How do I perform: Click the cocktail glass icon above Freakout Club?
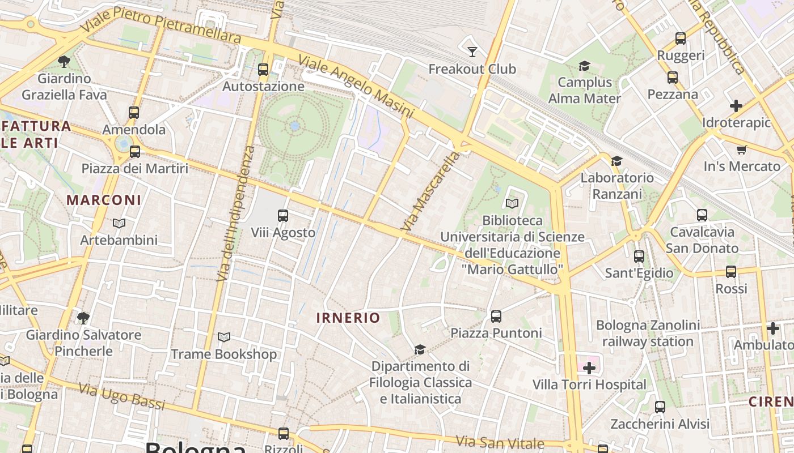[472, 52]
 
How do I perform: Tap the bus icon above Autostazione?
[263, 70]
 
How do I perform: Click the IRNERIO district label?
[348, 318]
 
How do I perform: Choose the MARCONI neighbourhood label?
[104, 200]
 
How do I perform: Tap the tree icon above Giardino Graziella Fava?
[64, 61]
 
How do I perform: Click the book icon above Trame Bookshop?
[224, 337]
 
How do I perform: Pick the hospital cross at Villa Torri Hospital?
[589, 369]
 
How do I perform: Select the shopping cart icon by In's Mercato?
[741, 149]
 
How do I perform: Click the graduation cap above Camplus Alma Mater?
[584, 66]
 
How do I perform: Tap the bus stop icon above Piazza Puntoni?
[496, 317]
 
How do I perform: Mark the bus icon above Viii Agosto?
[283, 216]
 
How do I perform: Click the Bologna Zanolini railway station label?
[648, 334]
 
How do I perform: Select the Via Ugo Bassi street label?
[121, 396]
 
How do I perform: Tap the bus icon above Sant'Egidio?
[639, 257]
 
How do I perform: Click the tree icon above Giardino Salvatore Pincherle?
[83, 318]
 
